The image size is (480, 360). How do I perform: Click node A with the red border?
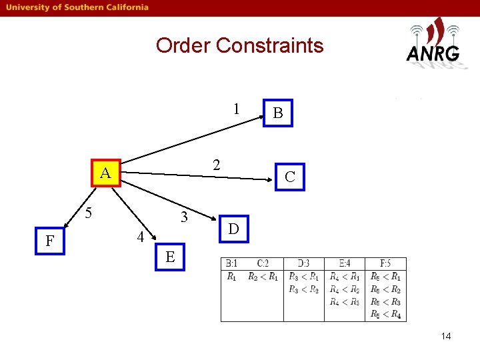click(105, 174)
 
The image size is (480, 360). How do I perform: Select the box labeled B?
click(278, 113)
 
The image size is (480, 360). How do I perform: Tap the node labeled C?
click(289, 177)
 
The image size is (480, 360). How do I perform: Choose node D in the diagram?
click(233, 229)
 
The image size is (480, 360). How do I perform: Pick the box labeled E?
click(170, 257)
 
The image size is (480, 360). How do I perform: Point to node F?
click(49, 240)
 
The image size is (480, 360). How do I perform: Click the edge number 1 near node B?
click(237, 109)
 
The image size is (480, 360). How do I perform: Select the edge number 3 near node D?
click(185, 217)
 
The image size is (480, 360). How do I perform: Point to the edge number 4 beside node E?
click(140, 237)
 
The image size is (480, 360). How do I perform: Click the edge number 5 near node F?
click(87, 214)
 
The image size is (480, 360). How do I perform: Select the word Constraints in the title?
click(269, 46)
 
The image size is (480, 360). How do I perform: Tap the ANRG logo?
click(433, 42)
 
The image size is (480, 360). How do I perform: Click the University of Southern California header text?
click(78, 7)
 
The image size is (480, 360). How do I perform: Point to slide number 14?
click(445, 336)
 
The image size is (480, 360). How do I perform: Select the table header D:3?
click(303, 264)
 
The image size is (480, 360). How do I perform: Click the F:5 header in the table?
click(385, 264)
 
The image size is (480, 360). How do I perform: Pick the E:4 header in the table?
click(344, 264)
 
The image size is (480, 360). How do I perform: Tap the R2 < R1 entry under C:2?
click(263, 276)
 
